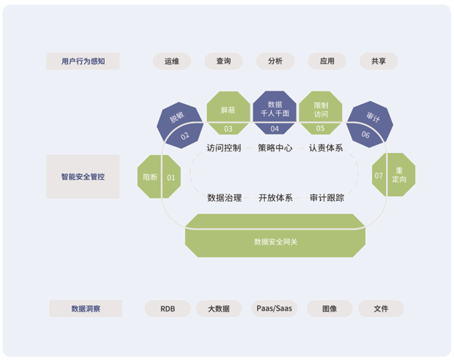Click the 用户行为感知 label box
[x=83, y=61]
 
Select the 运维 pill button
[x=172, y=61]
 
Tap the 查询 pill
[x=223, y=61]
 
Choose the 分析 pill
[x=275, y=61]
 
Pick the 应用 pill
[x=327, y=61]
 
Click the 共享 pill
[x=379, y=61]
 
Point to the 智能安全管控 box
[x=83, y=176]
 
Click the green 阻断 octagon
[x=158, y=176]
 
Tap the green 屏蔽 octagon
[x=228, y=111]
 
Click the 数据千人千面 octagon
[x=275, y=111]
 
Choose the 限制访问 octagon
[x=321, y=111]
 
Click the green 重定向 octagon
[x=394, y=176]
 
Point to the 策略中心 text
[x=275, y=148]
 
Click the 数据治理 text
[x=224, y=198]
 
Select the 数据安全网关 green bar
[x=275, y=236]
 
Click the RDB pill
[x=168, y=309]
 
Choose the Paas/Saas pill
[x=274, y=309]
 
